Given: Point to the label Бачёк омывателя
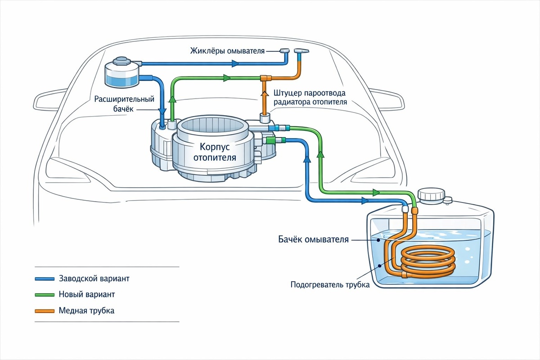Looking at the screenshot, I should (x=314, y=239).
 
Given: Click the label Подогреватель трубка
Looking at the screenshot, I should (x=330, y=284).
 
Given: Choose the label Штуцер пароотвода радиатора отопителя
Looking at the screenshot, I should (x=310, y=98).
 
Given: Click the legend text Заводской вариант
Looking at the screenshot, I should (x=94, y=278).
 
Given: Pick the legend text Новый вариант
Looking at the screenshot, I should (x=87, y=294).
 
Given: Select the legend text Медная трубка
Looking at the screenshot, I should (x=86, y=310).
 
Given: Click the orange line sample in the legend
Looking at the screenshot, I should (x=45, y=311).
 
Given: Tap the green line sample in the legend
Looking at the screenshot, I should (x=45, y=295).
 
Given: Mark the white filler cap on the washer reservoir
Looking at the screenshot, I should (x=431, y=195).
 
